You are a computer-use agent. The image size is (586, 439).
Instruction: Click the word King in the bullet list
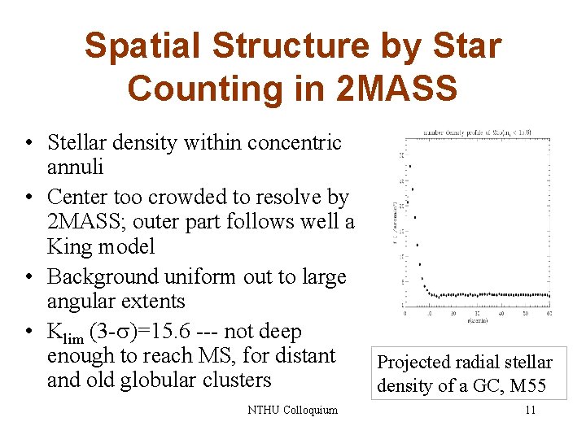point(70,246)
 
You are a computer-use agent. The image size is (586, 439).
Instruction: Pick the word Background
point(101,276)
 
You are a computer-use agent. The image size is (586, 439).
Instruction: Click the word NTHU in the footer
point(263,410)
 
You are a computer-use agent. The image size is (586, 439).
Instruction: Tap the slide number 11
point(530,410)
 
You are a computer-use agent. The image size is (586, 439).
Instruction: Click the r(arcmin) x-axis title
point(479,320)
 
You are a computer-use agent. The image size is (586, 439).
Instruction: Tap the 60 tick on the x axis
point(549,312)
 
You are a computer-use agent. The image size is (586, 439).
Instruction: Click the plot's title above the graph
point(477,132)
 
